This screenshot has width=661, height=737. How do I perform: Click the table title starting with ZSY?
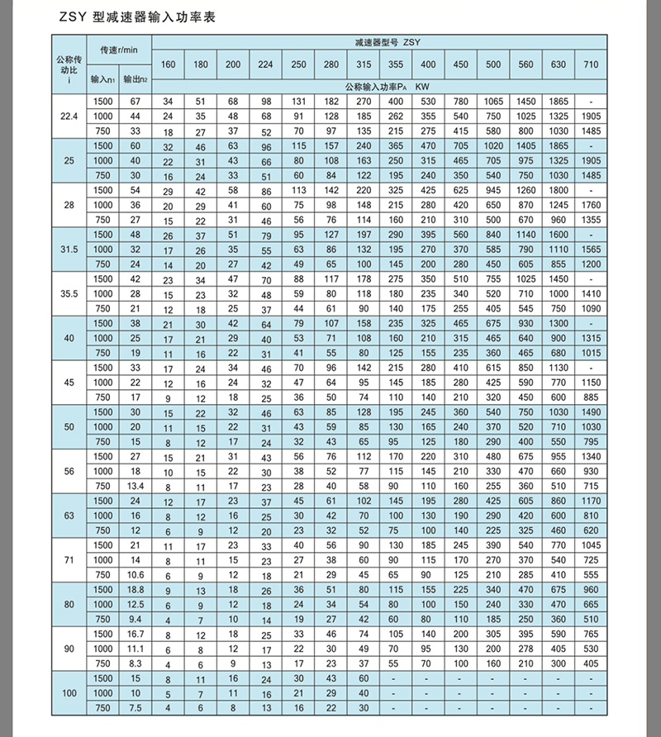[x=130, y=17]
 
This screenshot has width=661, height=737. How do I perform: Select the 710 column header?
[x=590, y=65]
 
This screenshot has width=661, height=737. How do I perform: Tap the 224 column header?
[x=266, y=65]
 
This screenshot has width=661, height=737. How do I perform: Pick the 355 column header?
[x=396, y=65]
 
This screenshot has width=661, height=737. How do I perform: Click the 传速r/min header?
[x=119, y=51]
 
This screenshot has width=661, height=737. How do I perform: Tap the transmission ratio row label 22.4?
[x=69, y=115]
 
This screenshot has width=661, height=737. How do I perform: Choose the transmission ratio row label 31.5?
[x=69, y=249]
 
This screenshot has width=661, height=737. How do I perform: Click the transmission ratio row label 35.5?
[x=69, y=293]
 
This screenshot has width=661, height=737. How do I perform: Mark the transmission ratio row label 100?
[x=69, y=692]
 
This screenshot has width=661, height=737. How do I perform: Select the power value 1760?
[x=590, y=205]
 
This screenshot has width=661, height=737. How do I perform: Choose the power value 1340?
[x=590, y=456]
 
